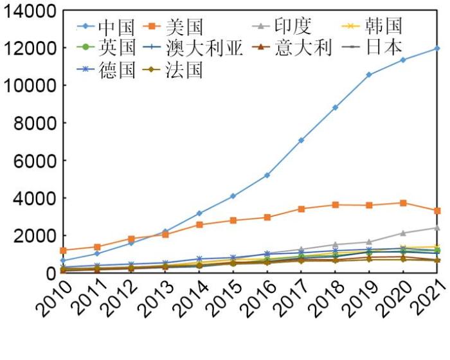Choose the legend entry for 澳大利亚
(195, 48)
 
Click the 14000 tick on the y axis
(30, 11)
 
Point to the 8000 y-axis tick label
(35, 123)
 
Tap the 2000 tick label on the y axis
(35, 236)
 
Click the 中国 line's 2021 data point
(437, 48)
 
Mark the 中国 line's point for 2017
(301, 140)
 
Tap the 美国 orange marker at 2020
(403, 203)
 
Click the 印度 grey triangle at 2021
(437, 228)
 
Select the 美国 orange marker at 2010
(62, 250)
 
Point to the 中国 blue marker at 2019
(369, 75)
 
